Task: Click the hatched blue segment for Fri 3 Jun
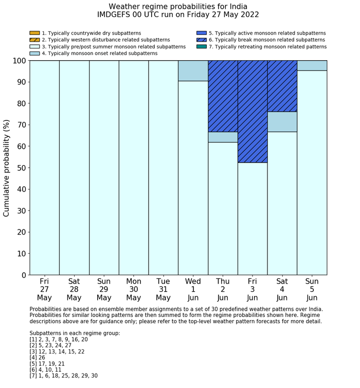(253, 111)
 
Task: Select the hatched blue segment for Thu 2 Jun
(223, 96)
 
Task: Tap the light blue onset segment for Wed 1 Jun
(193, 70)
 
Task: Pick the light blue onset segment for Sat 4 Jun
(282, 121)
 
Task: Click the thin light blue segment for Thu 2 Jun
(223, 137)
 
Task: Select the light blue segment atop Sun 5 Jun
(312, 65)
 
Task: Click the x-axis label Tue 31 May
(163, 290)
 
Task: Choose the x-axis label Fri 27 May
(44, 290)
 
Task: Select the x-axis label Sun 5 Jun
(312, 290)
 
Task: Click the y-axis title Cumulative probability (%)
(7, 168)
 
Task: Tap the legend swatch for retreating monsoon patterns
(201, 47)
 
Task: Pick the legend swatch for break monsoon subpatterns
(201, 40)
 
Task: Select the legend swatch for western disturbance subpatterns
(34, 40)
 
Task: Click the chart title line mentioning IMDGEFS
(178, 15)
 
